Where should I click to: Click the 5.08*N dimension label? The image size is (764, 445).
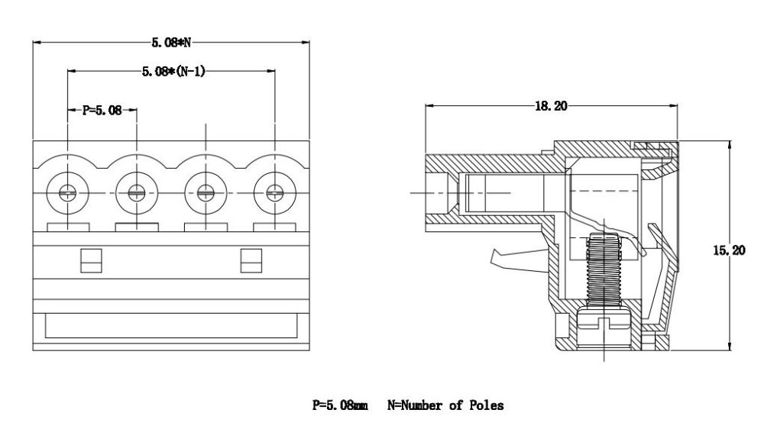point(171,43)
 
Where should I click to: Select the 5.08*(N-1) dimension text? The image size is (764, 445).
point(173,72)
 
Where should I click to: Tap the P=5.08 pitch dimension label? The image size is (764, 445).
point(102,110)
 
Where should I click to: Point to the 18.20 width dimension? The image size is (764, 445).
point(551,105)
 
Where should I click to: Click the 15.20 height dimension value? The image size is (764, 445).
point(729,250)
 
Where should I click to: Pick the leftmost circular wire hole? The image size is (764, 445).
point(68,193)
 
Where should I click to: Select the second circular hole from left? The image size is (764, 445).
point(137,193)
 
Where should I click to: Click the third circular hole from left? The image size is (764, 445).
point(206,193)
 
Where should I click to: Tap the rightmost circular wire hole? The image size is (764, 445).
point(275,193)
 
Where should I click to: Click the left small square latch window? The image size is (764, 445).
point(91,260)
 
